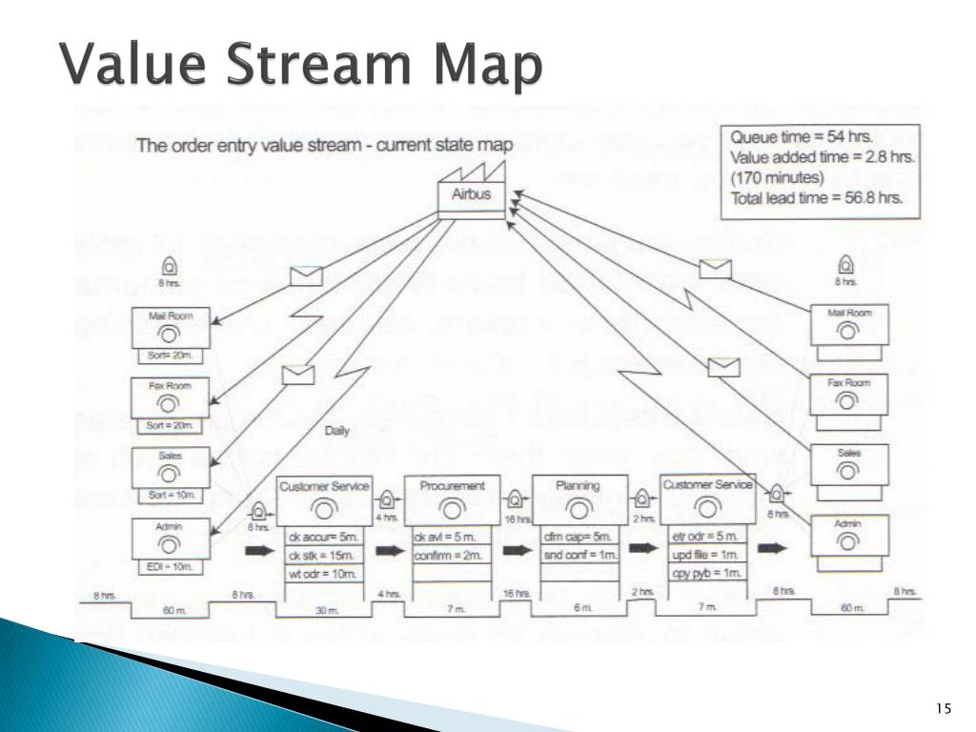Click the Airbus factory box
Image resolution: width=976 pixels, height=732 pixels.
click(x=471, y=194)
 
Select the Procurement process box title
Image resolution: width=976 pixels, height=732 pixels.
click(x=451, y=485)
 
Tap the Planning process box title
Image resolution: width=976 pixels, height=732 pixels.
click(x=579, y=485)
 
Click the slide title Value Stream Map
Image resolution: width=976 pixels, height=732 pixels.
click(x=302, y=70)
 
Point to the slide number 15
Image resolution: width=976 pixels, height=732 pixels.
click(x=944, y=707)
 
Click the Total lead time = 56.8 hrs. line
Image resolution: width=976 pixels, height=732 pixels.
click(x=817, y=198)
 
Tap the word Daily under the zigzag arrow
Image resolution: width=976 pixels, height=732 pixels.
click(x=337, y=431)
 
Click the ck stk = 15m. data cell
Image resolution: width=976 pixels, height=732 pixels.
click(x=322, y=555)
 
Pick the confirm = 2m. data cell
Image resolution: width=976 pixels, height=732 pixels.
click(x=443, y=555)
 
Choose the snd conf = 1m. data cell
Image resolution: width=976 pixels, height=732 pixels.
click(x=579, y=555)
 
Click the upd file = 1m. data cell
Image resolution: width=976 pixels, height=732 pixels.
click(x=705, y=555)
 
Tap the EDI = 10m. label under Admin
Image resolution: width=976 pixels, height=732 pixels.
click(x=169, y=567)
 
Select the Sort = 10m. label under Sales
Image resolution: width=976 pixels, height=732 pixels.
click(x=169, y=496)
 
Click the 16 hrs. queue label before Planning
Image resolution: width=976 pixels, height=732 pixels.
click(x=516, y=520)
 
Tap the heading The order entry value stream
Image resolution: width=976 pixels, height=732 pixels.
click(x=324, y=146)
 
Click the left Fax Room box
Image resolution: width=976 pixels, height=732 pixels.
click(x=169, y=396)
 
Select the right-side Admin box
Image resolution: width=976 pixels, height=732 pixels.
click(x=849, y=536)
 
